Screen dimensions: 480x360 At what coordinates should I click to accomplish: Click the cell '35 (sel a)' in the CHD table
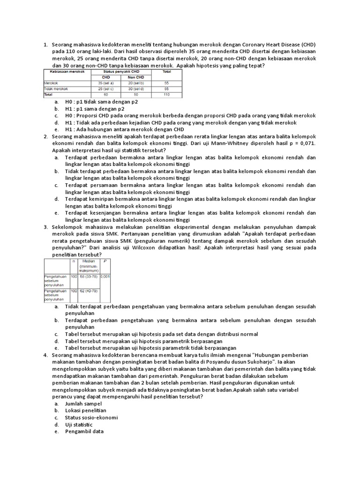click(105, 82)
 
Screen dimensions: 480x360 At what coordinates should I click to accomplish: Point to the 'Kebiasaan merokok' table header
click(61, 71)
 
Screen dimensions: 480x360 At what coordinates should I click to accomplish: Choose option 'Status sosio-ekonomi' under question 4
click(91, 417)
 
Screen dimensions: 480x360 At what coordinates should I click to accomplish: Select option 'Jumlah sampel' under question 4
click(84, 403)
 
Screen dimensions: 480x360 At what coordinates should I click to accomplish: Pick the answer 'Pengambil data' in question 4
click(84, 431)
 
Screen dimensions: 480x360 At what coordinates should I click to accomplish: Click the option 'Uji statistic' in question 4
click(79, 424)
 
